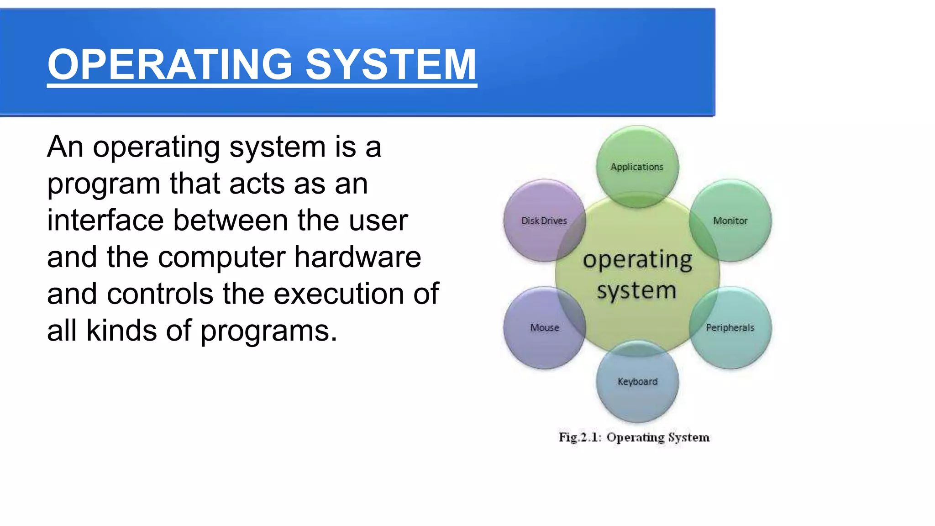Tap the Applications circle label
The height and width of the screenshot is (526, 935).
point(637,167)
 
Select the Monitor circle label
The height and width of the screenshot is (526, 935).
point(730,221)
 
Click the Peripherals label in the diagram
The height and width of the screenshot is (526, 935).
point(730,328)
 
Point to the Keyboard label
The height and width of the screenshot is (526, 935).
point(637,382)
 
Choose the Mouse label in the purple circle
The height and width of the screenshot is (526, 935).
point(544,328)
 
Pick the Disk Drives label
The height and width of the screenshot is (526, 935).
point(544,221)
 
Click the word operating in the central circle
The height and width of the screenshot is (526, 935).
point(637,261)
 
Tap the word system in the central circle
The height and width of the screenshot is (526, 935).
point(636,291)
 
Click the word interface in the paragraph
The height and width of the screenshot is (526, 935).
point(105,221)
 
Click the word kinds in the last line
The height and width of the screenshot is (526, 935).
point(121,331)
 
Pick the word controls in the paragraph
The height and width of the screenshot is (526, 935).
point(160,294)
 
